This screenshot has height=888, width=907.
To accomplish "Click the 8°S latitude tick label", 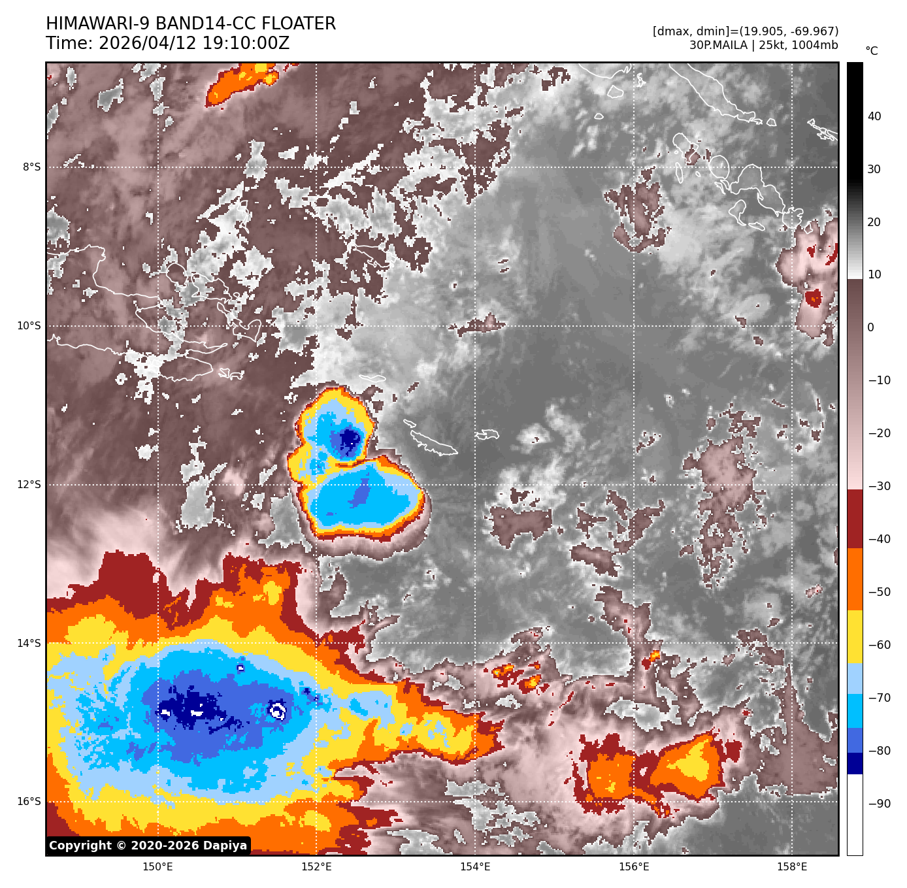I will tap(31, 167).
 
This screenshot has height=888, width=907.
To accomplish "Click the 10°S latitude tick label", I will tap(29, 326).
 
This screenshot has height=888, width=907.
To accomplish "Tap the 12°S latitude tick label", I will tap(29, 485).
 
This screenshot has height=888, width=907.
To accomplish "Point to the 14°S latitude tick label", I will tap(29, 644).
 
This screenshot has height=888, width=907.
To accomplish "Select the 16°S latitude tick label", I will tap(29, 802).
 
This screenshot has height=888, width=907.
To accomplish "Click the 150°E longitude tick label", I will tap(157, 867).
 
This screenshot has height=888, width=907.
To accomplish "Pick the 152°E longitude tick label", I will tap(316, 867).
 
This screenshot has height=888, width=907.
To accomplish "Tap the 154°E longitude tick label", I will tap(475, 867).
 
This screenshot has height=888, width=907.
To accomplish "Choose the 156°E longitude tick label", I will tap(634, 867).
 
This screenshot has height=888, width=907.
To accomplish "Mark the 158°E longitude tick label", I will tap(792, 867).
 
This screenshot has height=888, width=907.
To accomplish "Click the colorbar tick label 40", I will tap(874, 117).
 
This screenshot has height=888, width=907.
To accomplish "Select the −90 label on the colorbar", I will tap(879, 804).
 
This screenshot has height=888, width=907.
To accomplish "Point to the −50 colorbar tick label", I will tap(879, 592).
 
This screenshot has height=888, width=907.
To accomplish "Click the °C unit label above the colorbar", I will tap(871, 51).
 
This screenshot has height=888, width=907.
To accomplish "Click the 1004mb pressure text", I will tap(814, 46).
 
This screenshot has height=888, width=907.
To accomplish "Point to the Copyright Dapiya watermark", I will tap(148, 846).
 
